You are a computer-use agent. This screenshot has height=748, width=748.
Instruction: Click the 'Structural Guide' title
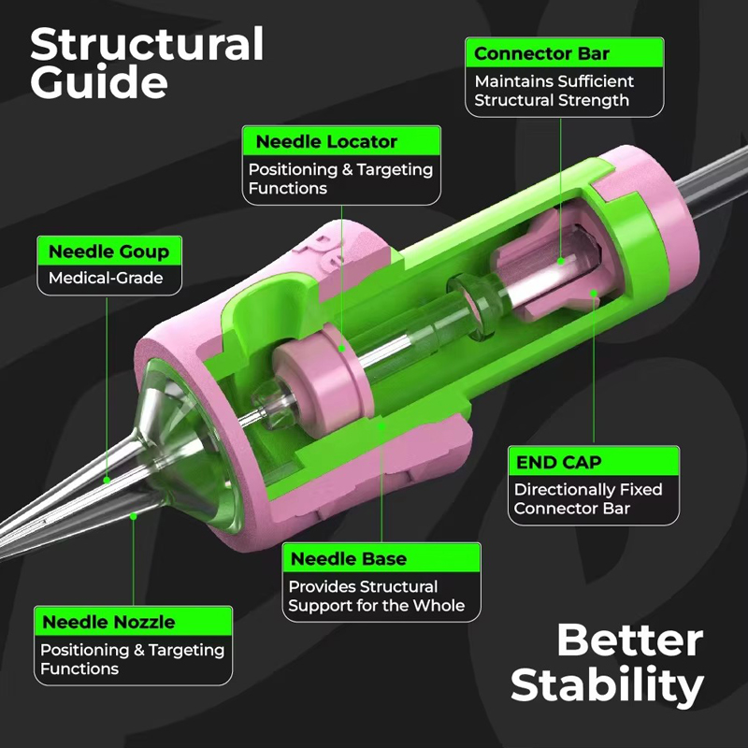147,63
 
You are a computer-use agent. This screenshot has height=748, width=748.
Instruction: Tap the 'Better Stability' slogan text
607,664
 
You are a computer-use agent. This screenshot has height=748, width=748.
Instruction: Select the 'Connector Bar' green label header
565,53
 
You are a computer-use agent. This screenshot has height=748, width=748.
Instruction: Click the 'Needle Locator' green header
341,141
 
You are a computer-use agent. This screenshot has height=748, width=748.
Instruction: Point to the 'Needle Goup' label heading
109,252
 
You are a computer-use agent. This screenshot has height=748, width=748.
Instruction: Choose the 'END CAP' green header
594,461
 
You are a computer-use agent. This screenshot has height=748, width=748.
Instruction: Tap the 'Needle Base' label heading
381,558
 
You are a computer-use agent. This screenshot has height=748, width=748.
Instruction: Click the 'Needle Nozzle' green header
133,622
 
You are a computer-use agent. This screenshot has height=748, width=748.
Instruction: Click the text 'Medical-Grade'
106,278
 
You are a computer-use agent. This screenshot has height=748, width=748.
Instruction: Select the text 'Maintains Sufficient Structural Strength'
554,91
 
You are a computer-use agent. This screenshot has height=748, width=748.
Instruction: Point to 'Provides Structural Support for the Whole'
377,596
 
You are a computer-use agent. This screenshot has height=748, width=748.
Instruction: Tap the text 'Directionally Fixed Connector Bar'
588,498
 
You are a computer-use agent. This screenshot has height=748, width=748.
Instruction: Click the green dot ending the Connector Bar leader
561,261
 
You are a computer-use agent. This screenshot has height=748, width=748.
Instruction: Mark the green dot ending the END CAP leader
594,293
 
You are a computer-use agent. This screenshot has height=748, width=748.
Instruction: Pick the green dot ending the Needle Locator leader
342,349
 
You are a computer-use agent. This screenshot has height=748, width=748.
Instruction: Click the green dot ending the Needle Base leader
381,426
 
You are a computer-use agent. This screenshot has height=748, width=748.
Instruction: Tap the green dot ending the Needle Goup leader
107,480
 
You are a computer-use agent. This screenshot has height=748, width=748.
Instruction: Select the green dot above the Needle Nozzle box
134,516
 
